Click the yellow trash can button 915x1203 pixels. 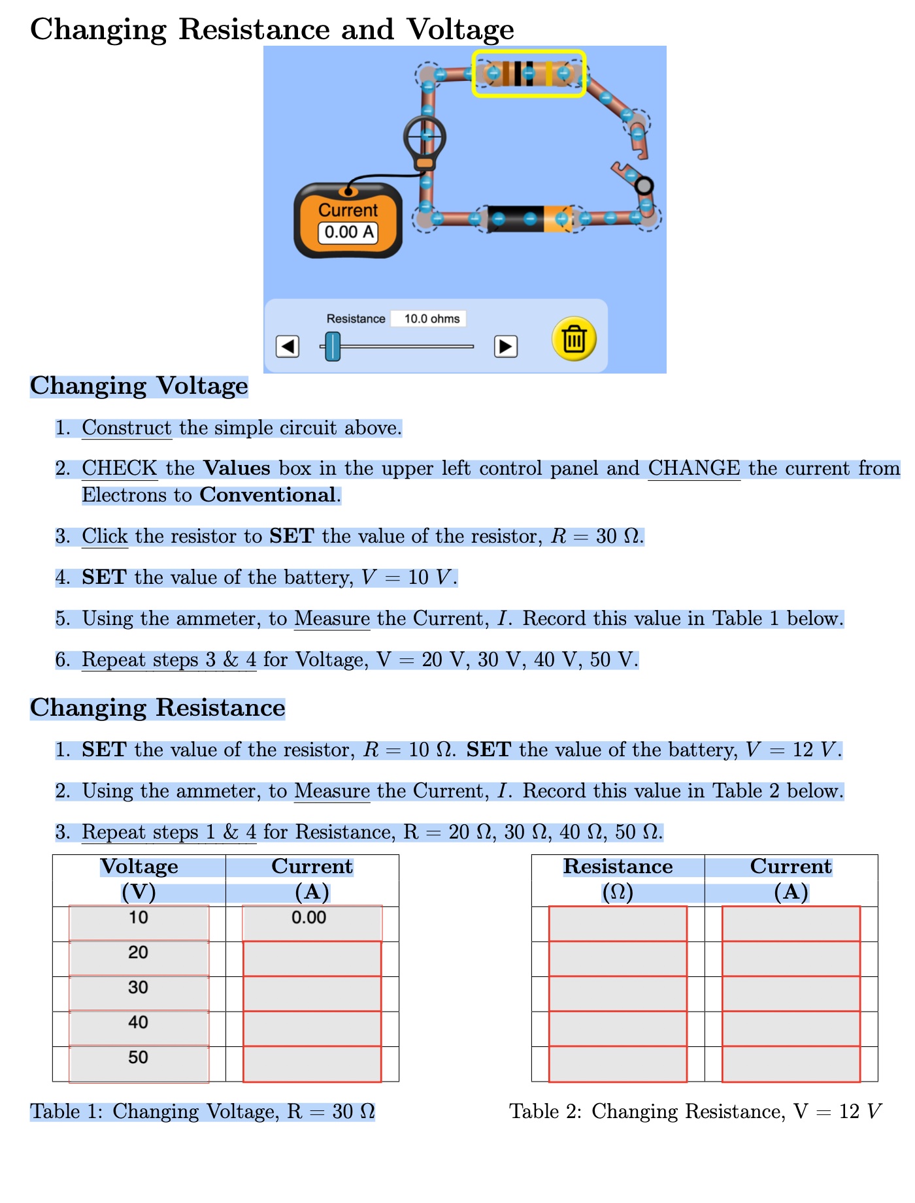(574, 339)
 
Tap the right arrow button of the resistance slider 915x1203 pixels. (505, 346)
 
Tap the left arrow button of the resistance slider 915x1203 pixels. (288, 346)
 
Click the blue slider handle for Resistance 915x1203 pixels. (333, 346)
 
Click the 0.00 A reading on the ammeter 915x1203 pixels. (348, 232)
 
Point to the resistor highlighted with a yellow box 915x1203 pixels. (529, 74)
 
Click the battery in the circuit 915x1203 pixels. (529, 219)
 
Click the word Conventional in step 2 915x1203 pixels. (268, 495)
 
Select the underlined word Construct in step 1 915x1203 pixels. (126, 428)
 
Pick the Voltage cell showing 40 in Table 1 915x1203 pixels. (139, 1023)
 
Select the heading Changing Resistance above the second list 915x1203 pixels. (158, 708)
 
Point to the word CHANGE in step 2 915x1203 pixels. (693, 468)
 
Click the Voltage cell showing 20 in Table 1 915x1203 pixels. (139, 953)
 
